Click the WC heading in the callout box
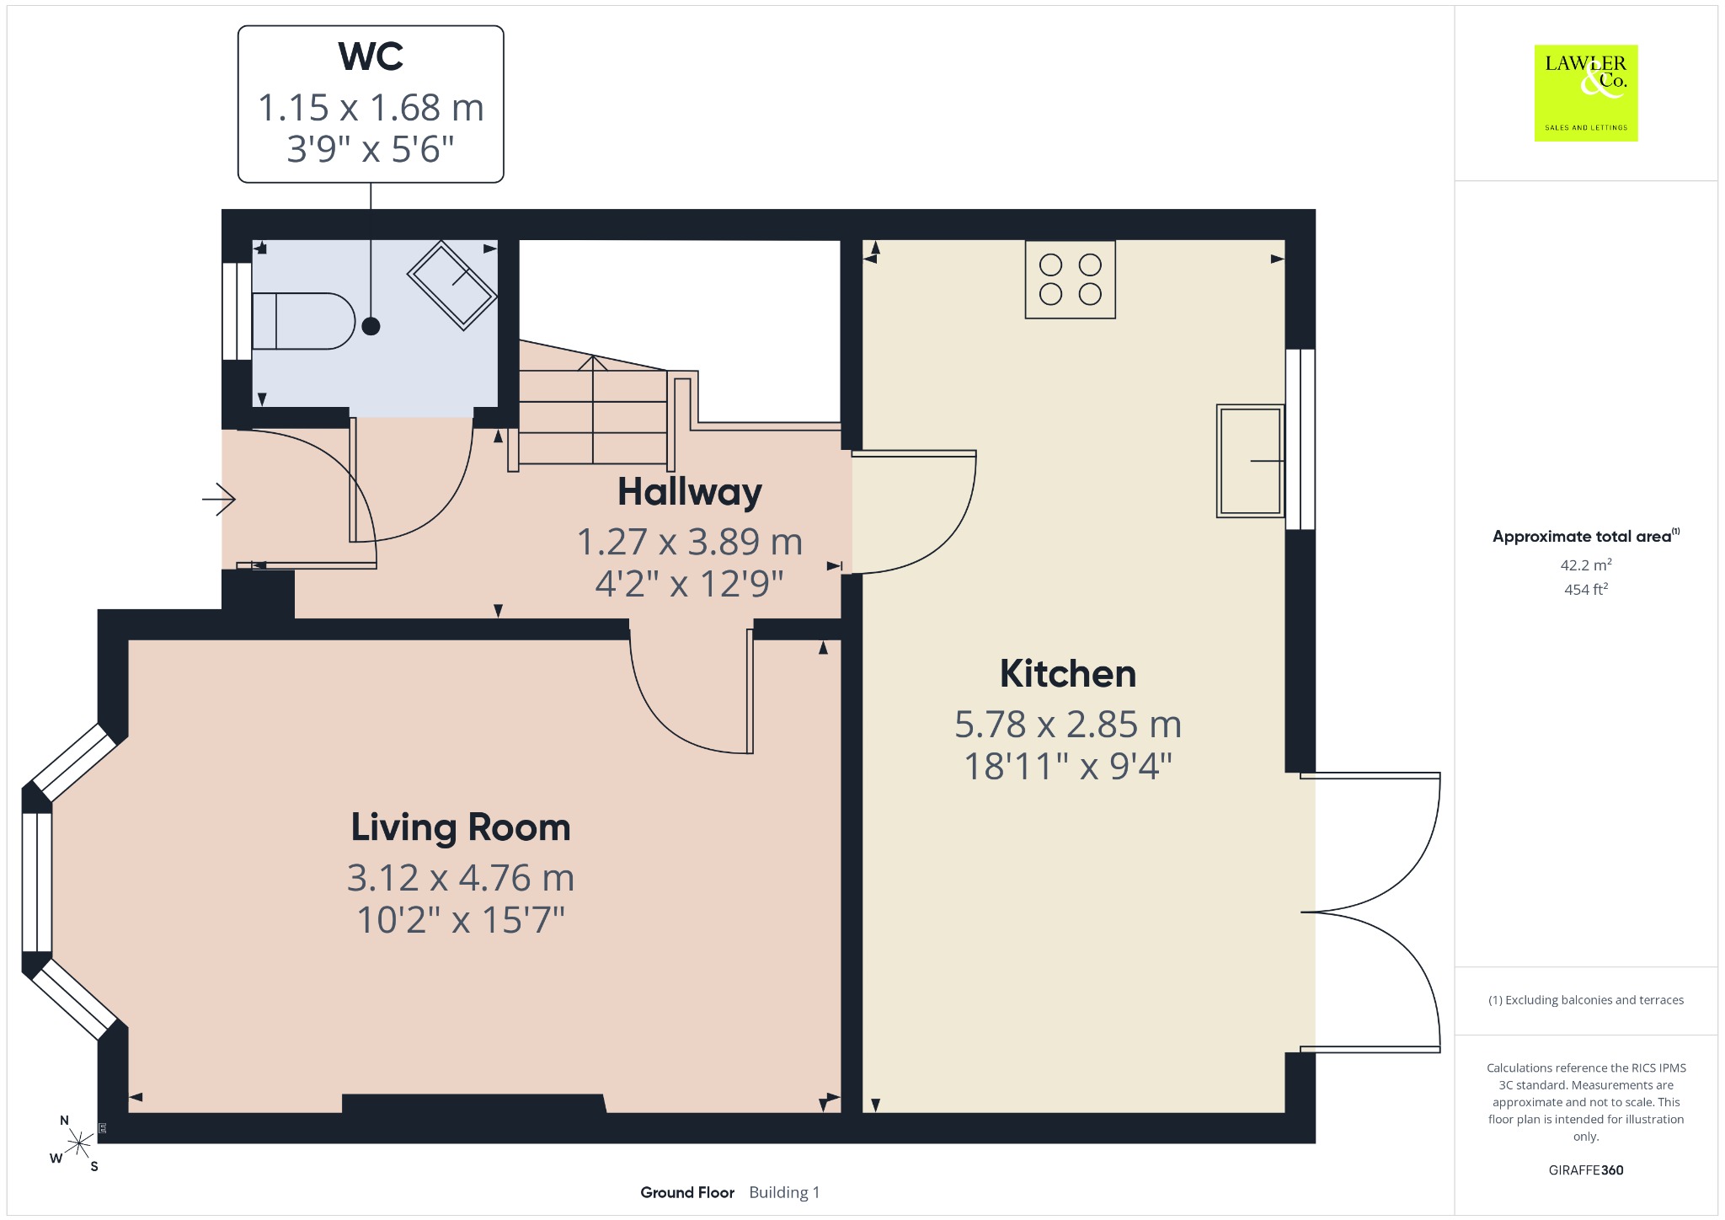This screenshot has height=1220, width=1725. point(371,56)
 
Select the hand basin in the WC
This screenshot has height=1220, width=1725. point(452,285)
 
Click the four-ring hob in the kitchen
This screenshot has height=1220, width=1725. point(1071,280)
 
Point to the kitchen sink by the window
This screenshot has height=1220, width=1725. point(1251,461)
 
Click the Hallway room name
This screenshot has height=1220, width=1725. point(690,492)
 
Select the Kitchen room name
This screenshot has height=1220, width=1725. point(1068,674)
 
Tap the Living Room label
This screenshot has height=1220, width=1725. point(461,827)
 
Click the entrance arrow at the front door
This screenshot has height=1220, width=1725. point(218,500)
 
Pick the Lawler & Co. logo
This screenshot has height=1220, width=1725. point(1586,93)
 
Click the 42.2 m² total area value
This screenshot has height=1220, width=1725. point(1586,565)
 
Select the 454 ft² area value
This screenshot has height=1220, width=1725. point(1586,589)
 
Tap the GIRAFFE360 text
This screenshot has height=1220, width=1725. point(1586,1169)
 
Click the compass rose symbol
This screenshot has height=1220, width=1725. point(78,1143)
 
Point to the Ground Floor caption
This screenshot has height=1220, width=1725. point(687,1192)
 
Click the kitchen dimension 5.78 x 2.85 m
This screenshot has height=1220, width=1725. point(1068,725)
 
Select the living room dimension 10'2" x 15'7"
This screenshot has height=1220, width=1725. point(461,920)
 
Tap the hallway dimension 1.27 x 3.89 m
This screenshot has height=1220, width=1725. point(690,542)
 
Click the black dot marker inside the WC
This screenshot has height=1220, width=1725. point(371,326)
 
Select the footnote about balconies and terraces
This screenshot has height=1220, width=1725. point(1586,1000)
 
